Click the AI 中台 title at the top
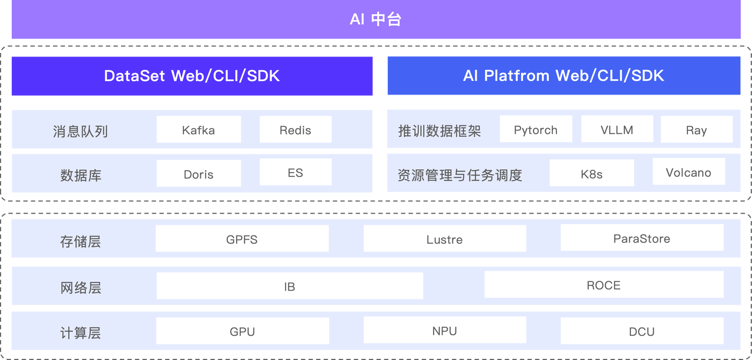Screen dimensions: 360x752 click(375, 19)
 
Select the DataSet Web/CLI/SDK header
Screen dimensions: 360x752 click(192, 76)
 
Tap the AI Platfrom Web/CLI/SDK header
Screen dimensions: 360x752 click(563, 76)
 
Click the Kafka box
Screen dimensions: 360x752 click(199, 130)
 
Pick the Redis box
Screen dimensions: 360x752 click(295, 130)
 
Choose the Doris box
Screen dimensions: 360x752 click(199, 174)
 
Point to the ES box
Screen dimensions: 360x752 click(295, 173)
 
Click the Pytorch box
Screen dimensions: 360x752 click(535, 130)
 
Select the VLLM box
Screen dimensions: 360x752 click(616, 130)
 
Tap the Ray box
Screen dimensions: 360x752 click(696, 130)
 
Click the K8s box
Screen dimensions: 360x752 click(591, 174)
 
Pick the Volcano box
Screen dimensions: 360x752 click(688, 173)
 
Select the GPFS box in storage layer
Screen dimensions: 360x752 click(241, 239)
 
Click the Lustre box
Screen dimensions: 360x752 click(444, 239)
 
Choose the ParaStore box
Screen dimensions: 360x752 click(642, 238)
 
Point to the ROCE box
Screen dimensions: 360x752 click(603, 285)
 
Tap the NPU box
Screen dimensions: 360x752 click(444, 331)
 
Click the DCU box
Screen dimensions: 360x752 click(642, 332)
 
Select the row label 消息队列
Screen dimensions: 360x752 click(80, 130)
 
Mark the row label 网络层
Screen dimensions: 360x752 click(80, 287)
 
